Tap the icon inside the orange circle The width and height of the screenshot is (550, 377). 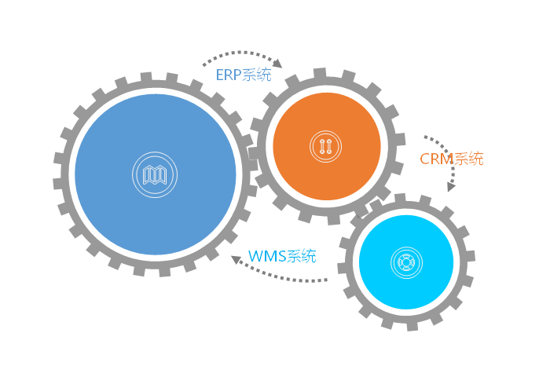point(324,145)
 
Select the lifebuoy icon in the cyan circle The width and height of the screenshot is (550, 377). point(406,262)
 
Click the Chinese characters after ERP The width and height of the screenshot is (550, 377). point(258,75)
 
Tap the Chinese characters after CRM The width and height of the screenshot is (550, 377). point(470,159)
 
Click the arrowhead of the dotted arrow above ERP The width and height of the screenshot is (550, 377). point(277,64)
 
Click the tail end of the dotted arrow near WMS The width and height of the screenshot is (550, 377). point(326,280)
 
